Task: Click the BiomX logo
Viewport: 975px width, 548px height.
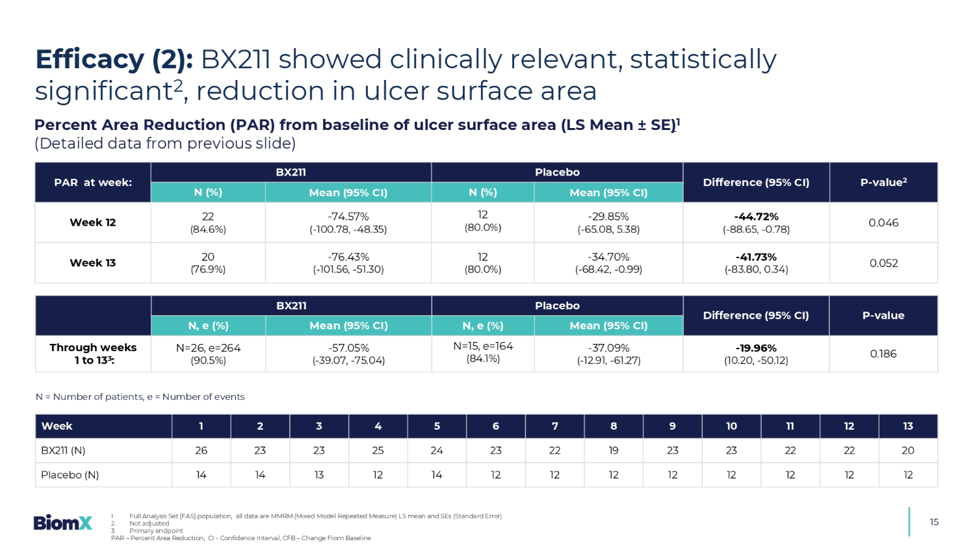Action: click(x=63, y=522)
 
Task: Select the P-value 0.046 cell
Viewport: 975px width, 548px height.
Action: click(x=883, y=222)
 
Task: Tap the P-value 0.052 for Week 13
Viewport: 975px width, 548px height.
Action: click(x=883, y=263)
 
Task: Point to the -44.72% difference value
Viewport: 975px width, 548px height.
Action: click(x=756, y=216)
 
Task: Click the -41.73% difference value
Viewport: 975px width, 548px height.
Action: click(x=756, y=257)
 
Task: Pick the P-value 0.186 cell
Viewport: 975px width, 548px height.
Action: click(x=883, y=354)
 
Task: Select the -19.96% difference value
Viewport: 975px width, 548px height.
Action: click(x=756, y=348)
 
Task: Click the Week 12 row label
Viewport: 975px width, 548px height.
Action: click(x=92, y=222)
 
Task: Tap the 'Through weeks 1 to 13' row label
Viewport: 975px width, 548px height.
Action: click(x=93, y=354)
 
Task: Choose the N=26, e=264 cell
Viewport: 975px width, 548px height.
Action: click(x=208, y=348)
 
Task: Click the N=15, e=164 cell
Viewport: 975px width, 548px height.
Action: click(x=483, y=346)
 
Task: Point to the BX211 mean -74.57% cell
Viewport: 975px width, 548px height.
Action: click(x=348, y=216)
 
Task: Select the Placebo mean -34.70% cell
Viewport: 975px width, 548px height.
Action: click(x=608, y=257)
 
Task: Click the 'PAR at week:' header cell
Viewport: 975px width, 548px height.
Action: click(x=93, y=182)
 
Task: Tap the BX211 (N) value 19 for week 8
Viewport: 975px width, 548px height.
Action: click(x=614, y=450)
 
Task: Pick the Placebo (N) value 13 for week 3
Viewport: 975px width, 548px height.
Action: click(x=318, y=475)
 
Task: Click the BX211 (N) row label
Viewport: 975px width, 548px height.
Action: click(x=63, y=450)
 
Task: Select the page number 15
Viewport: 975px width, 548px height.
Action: click(x=934, y=522)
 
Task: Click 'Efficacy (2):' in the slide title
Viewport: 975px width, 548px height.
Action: click(x=114, y=59)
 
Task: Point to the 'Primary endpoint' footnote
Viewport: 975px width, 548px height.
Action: click(x=156, y=530)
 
